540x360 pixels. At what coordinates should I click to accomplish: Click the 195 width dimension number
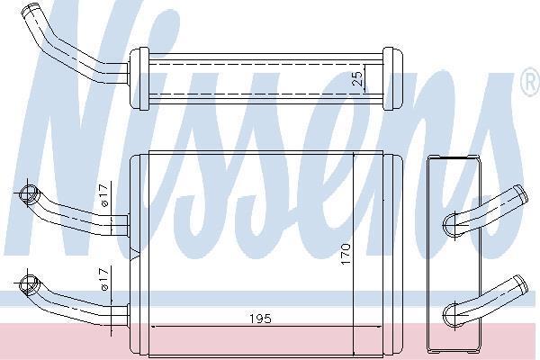[x=260, y=319]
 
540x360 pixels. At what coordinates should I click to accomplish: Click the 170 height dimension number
[x=346, y=254]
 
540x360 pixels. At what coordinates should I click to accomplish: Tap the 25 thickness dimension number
[x=358, y=78]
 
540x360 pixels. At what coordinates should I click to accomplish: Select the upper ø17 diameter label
[x=104, y=195]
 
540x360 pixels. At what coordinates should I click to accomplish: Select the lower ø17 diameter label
[x=104, y=278]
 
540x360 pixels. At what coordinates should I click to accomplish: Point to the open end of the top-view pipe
[x=30, y=9]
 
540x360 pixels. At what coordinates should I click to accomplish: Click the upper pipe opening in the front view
[x=28, y=193]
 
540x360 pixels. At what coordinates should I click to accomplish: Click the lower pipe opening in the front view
[x=28, y=284]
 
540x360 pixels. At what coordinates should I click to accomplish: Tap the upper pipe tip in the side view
[x=521, y=194]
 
